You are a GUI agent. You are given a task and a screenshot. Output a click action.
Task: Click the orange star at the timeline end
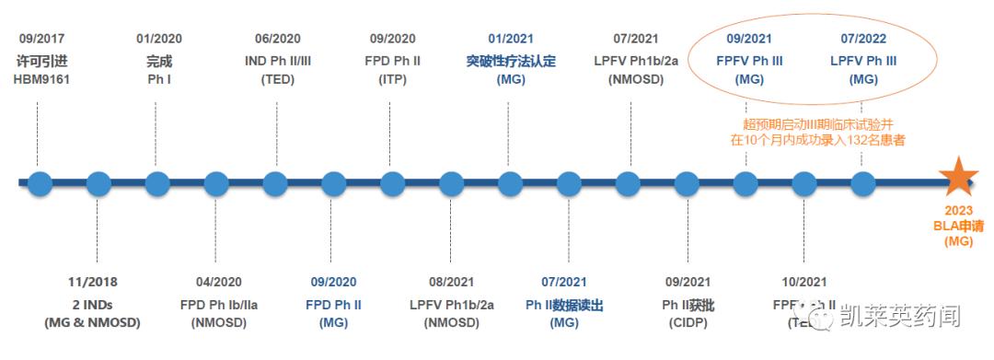click(x=959, y=177)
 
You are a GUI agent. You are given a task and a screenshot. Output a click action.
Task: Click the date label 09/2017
click(x=41, y=39)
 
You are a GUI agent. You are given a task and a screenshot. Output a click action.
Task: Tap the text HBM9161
click(x=41, y=79)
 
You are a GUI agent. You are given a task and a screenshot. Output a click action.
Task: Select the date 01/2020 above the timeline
click(x=158, y=39)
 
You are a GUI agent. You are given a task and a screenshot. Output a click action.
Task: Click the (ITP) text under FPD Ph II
click(x=392, y=79)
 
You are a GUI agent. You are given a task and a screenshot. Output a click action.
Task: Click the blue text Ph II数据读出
click(x=563, y=303)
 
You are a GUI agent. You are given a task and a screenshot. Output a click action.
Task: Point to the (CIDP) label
click(x=688, y=323)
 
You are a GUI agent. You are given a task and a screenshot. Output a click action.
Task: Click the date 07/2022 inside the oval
click(x=863, y=39)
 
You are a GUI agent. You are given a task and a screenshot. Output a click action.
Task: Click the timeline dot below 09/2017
click(x=40, y=182)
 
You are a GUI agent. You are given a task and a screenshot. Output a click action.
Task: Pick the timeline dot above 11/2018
click(x=98, y=182)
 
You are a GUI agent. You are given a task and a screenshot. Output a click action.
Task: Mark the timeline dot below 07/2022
click(x=862, y=182)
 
